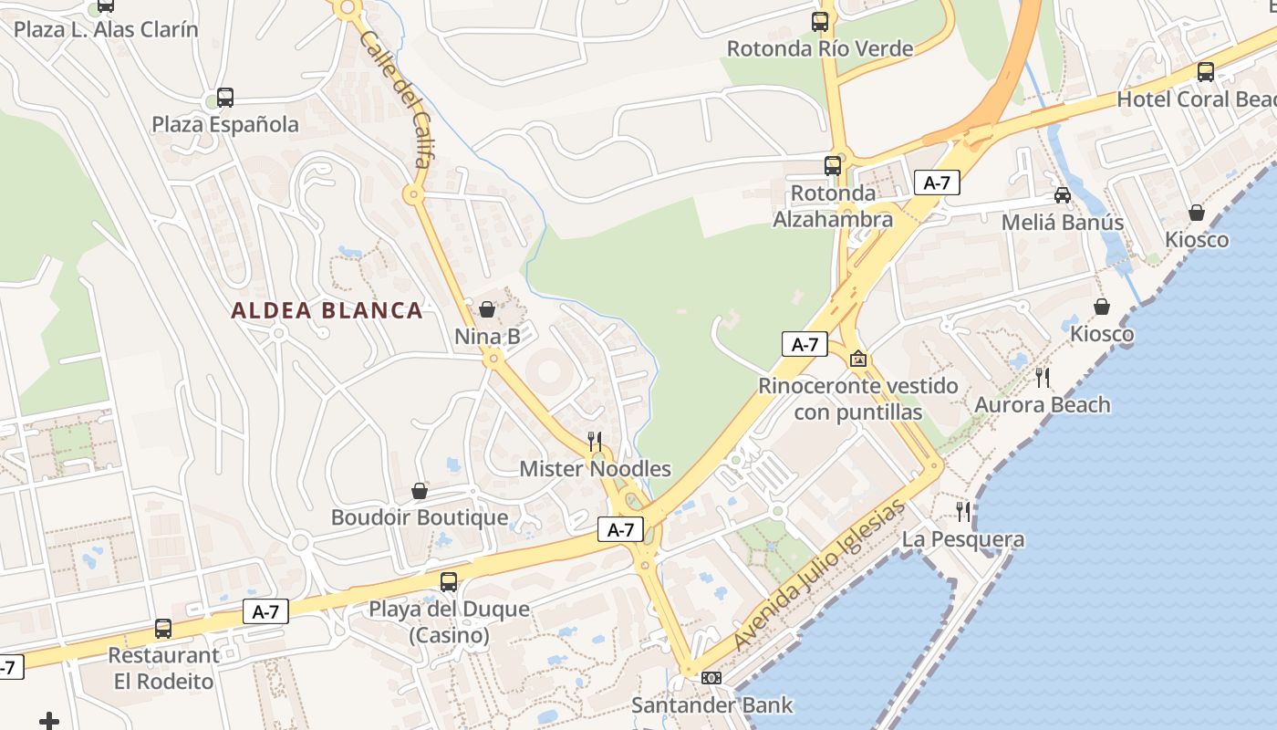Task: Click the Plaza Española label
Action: click(225, 124)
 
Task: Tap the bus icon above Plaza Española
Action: click(225, 98)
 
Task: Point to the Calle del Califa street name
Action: click(394, 99)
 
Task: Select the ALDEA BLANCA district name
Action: click(327, 310)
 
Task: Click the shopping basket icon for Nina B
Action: click(487, 309)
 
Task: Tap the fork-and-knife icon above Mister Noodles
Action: click(595, 442)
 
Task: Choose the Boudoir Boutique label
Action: click(420, 517)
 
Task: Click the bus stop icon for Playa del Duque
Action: click(449, 581)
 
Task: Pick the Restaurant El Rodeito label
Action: click(163, 668)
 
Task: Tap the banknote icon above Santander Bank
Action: click(711, 677)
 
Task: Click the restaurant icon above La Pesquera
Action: click(962, 511)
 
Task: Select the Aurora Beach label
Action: click(1043, 404)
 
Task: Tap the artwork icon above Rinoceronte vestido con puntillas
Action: click(857, 359)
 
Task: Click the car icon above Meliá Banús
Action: click(1063, 194)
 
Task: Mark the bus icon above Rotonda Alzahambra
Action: click(833, 165)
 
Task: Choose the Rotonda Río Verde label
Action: click(820, 48)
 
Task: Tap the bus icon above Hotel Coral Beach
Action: click(1206, 71)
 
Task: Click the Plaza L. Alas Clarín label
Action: click(106, 29)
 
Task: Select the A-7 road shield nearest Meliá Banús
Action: click(937, 182)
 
